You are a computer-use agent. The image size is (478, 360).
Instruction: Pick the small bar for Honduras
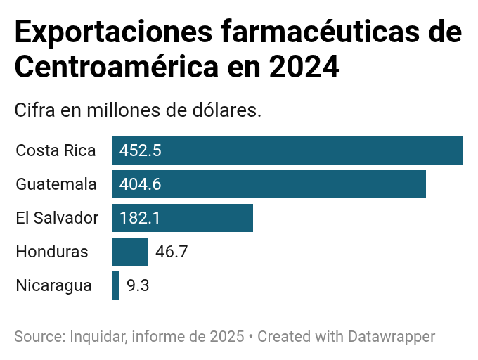pos(130,252)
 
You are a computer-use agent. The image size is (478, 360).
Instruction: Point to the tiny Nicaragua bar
pos(116,285)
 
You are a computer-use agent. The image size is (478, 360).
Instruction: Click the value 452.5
pos(141,150)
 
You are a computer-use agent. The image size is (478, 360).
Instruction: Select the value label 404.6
pos(141,184)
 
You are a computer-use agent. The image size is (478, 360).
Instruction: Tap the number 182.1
pos(140,218)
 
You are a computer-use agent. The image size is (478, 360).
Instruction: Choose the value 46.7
pos(172,252)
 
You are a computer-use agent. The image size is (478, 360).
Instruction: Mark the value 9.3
pos(138,285)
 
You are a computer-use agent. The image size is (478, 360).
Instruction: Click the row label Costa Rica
pos(56,150)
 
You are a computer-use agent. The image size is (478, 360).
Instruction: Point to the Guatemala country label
pos(56,184)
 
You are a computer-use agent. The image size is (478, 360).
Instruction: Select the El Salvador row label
pos(57,218)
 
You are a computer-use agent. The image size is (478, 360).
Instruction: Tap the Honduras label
pos(52,252)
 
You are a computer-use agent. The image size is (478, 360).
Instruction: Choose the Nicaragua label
pos(53,285)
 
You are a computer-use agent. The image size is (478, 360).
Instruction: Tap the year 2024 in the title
pos(304,68)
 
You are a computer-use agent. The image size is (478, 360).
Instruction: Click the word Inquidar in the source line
pos(98,336)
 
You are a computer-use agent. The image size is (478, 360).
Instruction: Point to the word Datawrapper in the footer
pos(392,336)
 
